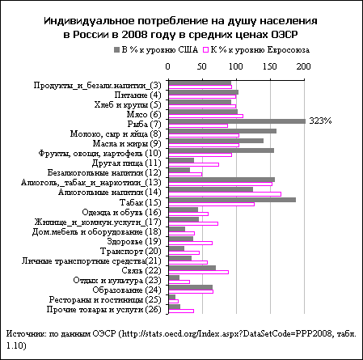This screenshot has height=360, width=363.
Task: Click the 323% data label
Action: click(320, 121)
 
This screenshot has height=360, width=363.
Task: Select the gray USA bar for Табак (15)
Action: click(232, 200)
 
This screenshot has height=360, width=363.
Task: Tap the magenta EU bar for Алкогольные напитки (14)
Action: click(225, 194)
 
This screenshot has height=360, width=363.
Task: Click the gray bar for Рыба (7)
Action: click(237, 121)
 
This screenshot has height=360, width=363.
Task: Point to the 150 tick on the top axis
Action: click(270, 66)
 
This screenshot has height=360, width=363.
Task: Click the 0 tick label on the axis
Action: click(167, 66)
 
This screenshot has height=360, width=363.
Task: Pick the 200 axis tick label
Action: click(304, 66)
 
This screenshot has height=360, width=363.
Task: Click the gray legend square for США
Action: click(116, 50)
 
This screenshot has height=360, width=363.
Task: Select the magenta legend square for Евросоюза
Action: click(206, 50)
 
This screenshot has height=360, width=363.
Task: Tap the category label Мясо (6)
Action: click(144, 114)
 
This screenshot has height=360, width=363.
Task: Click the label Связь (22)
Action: click(141, 270)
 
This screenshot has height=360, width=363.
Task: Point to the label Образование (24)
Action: click(127, 290)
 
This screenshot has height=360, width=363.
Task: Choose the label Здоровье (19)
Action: click(134, 241)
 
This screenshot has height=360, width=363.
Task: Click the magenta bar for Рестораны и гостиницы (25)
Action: click(173, 301)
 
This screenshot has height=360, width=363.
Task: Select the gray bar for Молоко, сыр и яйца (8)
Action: click(222, 131)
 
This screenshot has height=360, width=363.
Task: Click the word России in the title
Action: click(91, 35)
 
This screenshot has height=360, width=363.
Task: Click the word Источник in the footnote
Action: click(26, 334)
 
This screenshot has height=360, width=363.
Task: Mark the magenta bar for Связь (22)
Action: click(199, 272)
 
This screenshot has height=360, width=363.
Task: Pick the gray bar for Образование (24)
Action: click(191, 287)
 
